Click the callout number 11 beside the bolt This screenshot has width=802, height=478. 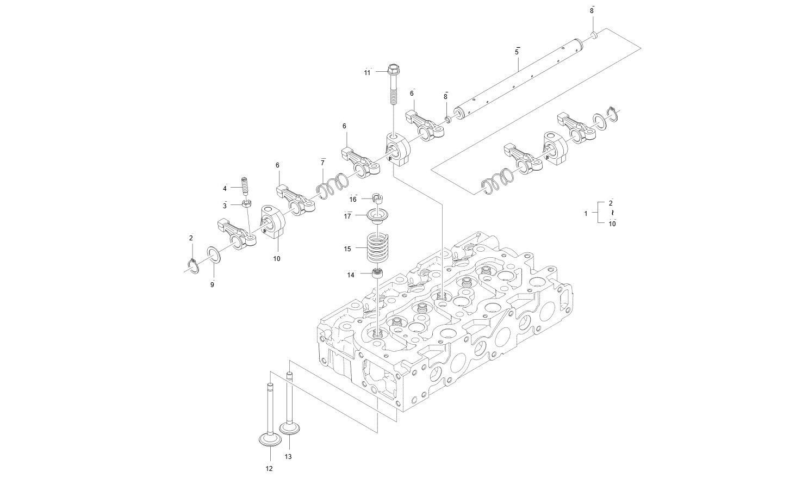click(x=367, y=72)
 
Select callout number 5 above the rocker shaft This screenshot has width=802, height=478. click(x=517, y=52)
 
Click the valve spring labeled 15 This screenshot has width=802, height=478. click(x=375, y=248)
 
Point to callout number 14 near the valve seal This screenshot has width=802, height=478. click(x=351, y=275)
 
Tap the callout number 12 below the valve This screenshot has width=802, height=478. click(x=269, y=468)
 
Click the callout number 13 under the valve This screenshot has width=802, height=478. click(x=288, y=457)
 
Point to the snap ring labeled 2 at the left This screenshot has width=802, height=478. click(x=192, y=265)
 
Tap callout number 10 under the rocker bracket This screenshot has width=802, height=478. click(x=277, y=259)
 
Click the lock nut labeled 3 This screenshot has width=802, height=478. click(x=247, y=204)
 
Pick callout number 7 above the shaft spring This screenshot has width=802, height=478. click(x=322, y=163)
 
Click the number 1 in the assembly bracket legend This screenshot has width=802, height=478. click(x=586, y=213)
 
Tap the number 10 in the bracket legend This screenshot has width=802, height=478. click(x=612, y=223)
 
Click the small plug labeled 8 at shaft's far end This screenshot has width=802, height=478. click(x=594, y=35)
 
